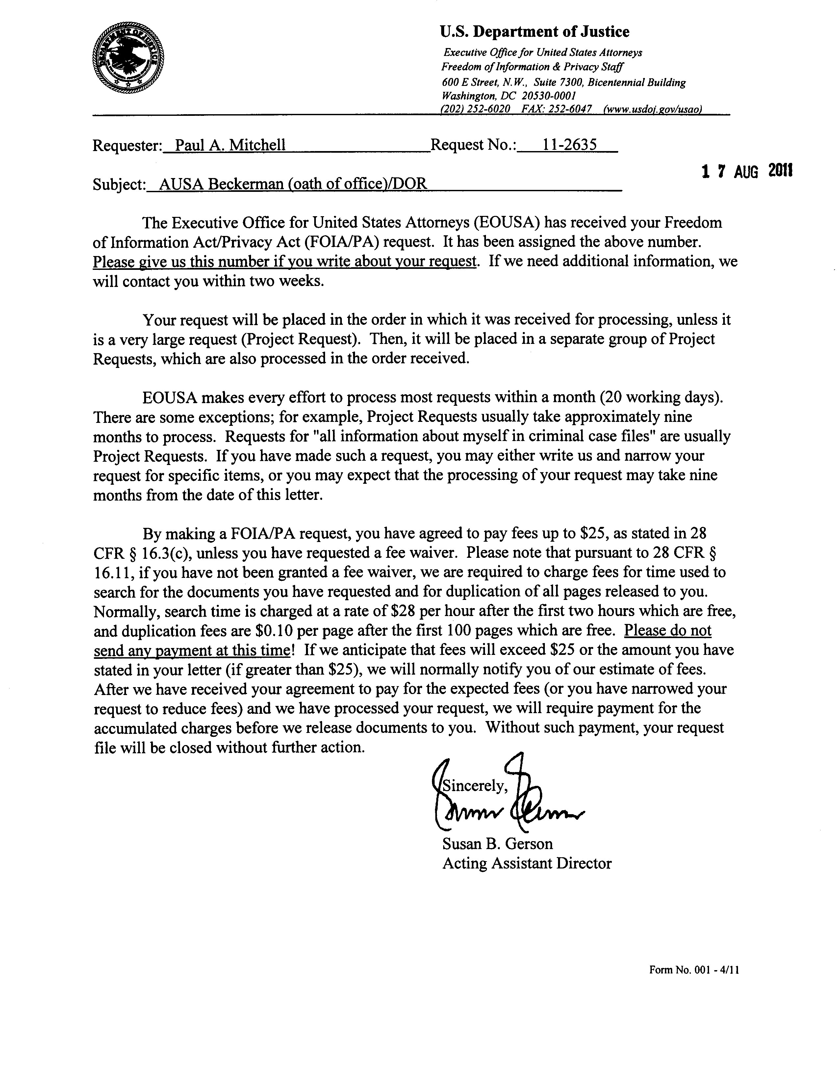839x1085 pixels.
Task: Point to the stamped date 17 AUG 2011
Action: tap(747, 171)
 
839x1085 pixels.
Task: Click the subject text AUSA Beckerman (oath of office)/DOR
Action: tap(292, 184)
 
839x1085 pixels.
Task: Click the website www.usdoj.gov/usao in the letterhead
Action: tap(652, 109)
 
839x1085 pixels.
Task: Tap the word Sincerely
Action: tap(475, 786)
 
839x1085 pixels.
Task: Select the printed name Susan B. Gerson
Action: tap(497, 843)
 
